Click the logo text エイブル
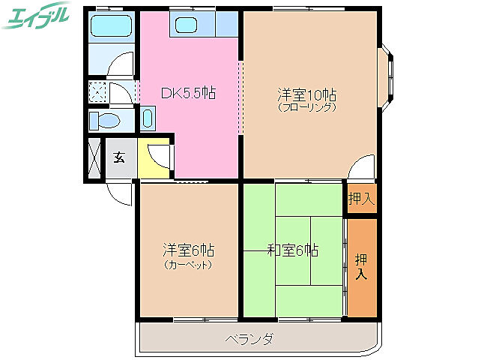[x=37, y=16]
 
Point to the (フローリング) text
[x=307, y=107]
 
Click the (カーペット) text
[x=188, y=264]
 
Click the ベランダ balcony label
[x=249, y=339]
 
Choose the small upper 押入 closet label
[x=361, y=199]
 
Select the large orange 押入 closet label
[x=361, y=266]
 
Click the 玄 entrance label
[x=119, y=158]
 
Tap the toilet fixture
[x=106, y=119]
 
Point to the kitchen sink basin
[x=186, y=25]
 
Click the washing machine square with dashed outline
[x=98, y=92]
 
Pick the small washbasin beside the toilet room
[x=148, y=118]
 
